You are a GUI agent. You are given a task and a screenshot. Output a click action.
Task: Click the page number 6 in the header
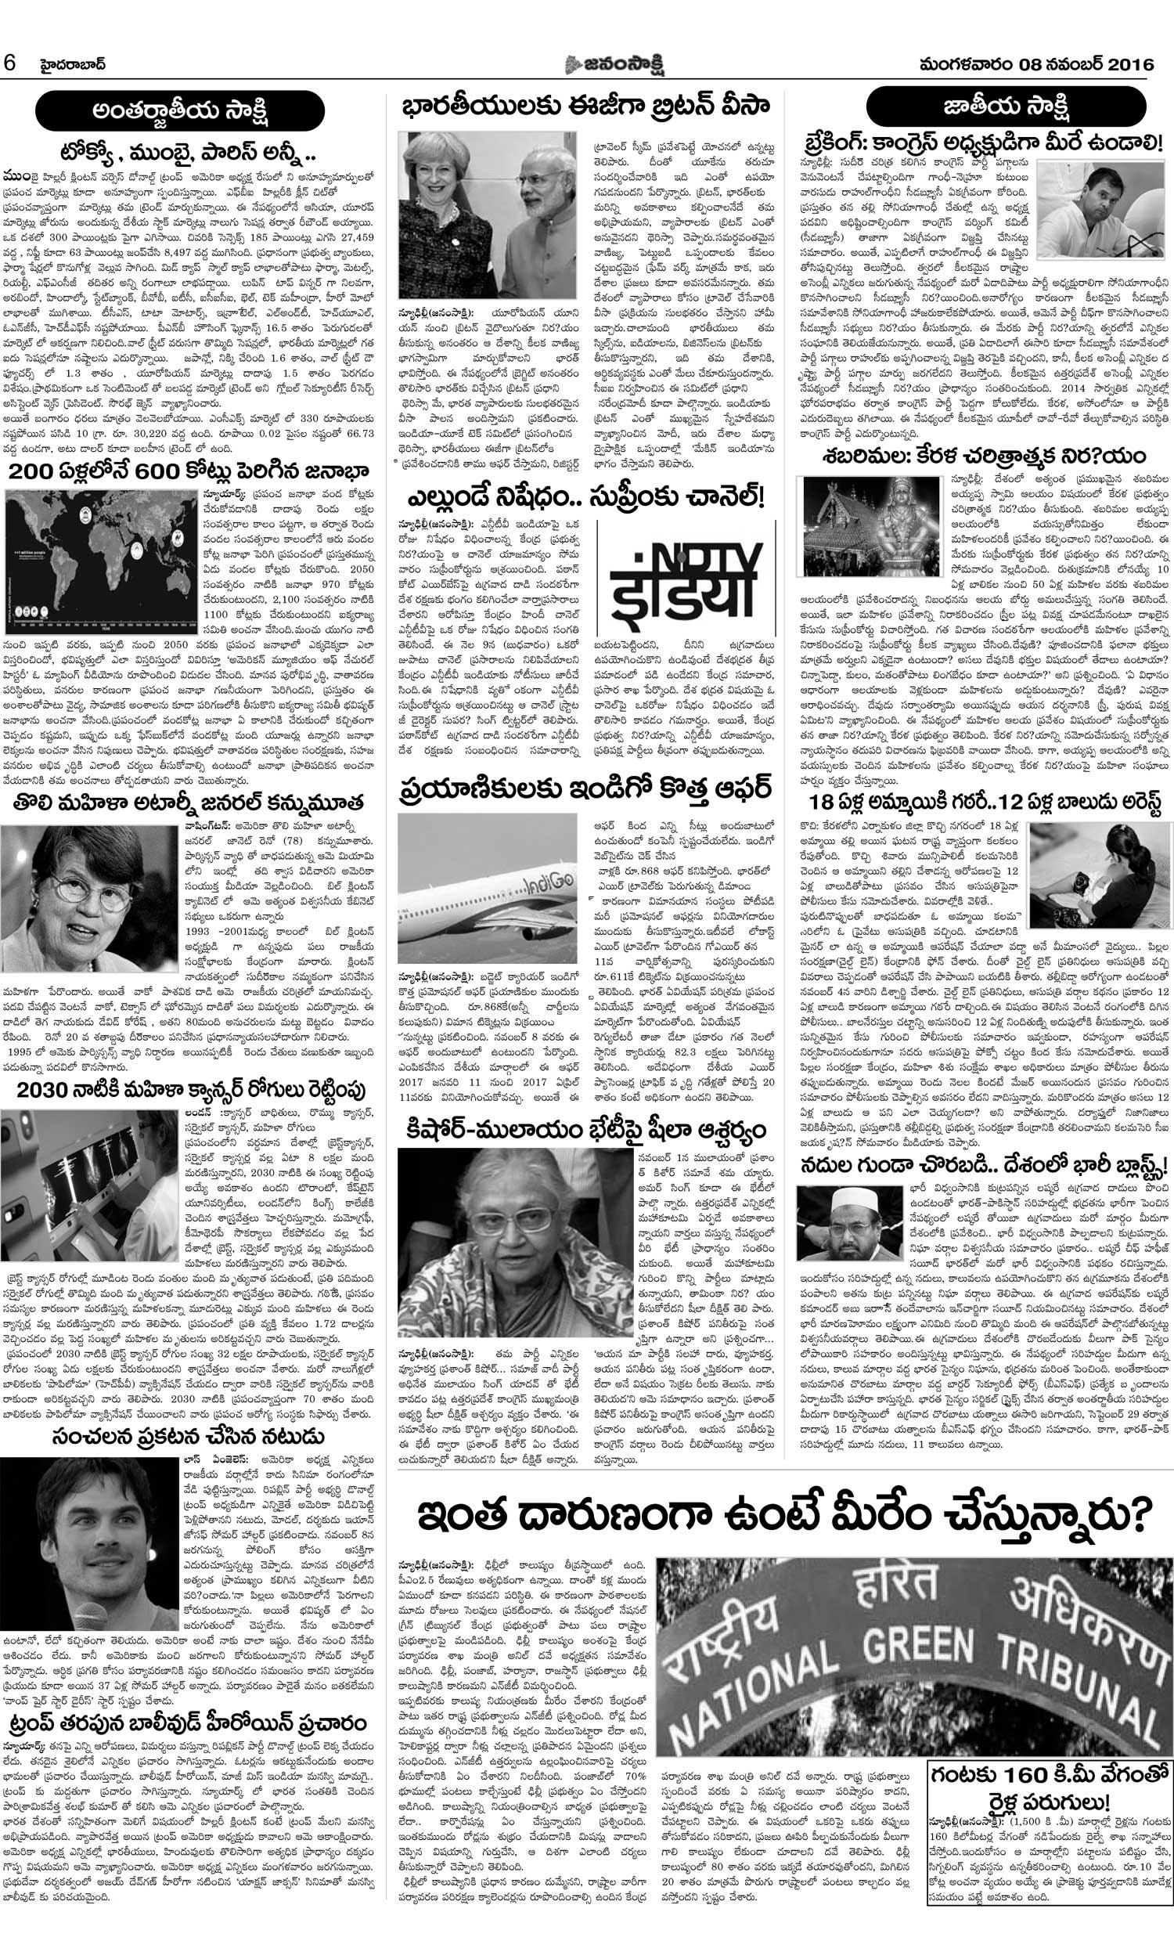[10, 64]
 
